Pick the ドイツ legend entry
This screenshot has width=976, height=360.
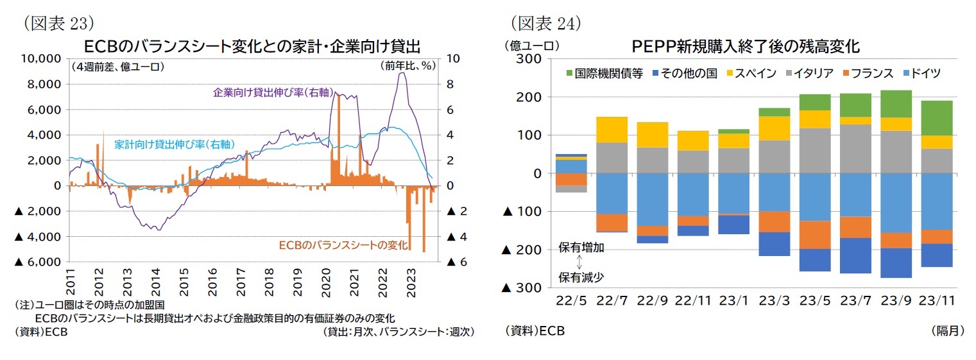920,73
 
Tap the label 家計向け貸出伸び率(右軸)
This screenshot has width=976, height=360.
173,144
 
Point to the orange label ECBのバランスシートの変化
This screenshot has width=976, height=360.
337,246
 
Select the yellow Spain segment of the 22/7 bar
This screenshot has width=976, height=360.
612,130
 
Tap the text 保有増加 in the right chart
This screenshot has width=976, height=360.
581,248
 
